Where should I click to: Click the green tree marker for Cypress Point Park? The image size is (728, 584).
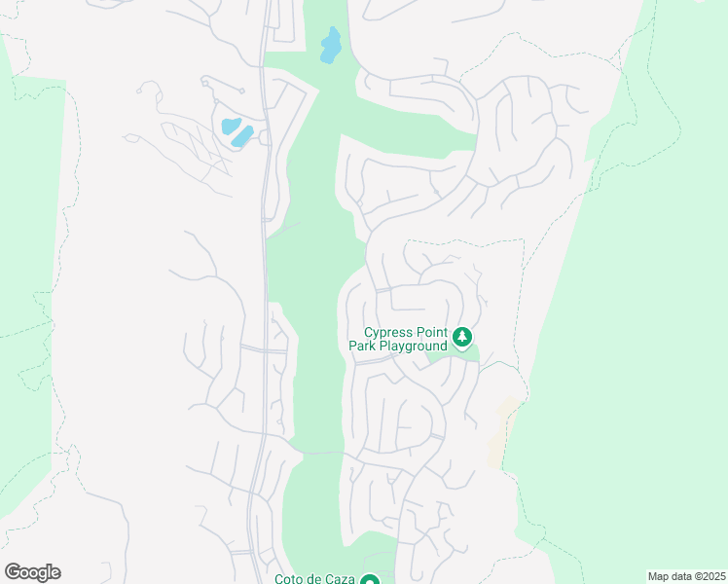pos(462,338)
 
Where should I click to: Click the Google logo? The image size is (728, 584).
pos(32,572)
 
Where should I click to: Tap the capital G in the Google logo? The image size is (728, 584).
pos(12,572)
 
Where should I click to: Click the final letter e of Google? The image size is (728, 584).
pos(55,573)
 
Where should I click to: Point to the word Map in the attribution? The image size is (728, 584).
pos(659,576)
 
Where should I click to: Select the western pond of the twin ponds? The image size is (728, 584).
pos(230,126)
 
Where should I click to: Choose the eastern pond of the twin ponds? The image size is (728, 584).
pos(242,136)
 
